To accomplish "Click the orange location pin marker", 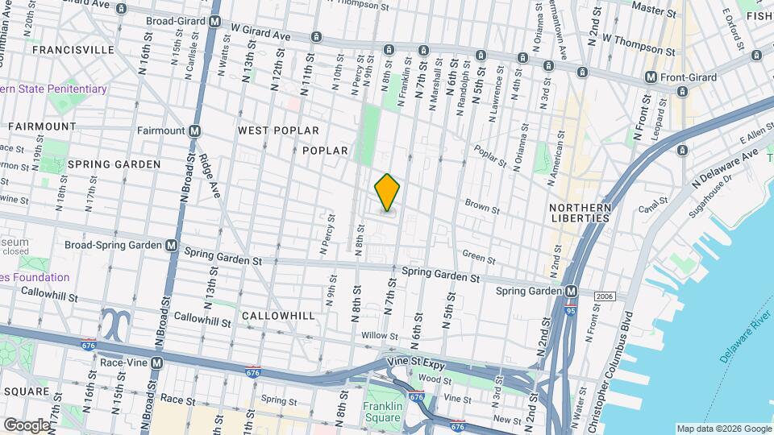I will coord(388,193).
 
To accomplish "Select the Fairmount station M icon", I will coord(195,130).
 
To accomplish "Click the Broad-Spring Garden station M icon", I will coord(172,245).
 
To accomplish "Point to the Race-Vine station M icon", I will coord(156,363).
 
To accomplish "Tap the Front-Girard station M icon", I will coord(651,78).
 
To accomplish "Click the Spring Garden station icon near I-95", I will coord(571,291).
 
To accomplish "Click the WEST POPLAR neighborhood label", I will coord(278,130).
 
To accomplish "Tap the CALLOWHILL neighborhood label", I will coord(278,316).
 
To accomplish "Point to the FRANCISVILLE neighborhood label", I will coord(73,50).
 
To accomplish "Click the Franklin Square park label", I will coord(381,412).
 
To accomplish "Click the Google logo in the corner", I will coord(27,425).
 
